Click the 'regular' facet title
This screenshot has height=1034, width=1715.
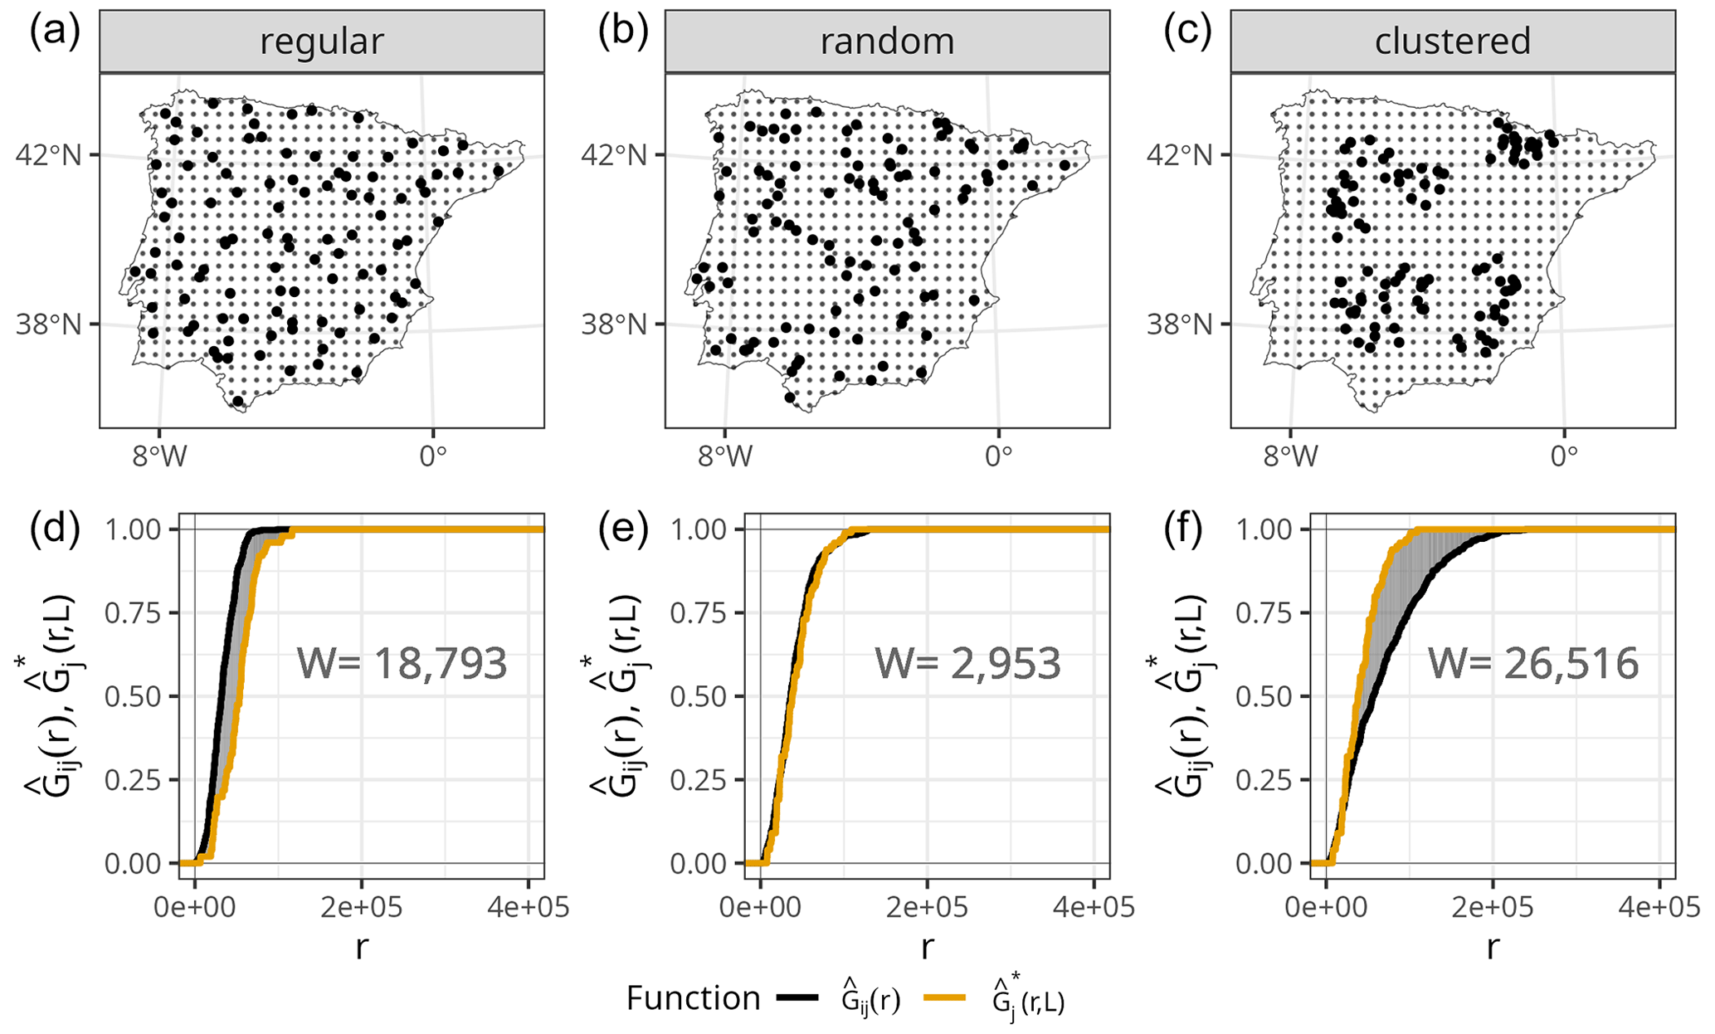tap(321, 41)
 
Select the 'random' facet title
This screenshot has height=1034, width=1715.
tap(887, 41)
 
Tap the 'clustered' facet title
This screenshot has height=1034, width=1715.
tap(1452, 41)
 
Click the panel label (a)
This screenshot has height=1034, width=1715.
tap(55, 32)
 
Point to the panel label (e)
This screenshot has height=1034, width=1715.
tap(623, 530)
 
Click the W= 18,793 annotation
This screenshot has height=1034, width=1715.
tap(402, 664)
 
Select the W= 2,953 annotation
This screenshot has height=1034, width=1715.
tap(967, 664)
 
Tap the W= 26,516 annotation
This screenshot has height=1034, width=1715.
tap(1532, 664)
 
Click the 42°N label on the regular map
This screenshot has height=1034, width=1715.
tap(49, 155)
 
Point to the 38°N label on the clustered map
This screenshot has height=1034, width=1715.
tap(1180, 324)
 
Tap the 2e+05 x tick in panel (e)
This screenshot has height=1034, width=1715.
tap(927, 907)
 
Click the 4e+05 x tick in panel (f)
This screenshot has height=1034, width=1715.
tap(1659, 907)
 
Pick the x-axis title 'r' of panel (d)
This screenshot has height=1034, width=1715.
tap(361, 947)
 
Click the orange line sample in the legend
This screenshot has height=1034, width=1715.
tap(943, 998)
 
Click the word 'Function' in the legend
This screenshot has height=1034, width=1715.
tap(693, 998)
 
